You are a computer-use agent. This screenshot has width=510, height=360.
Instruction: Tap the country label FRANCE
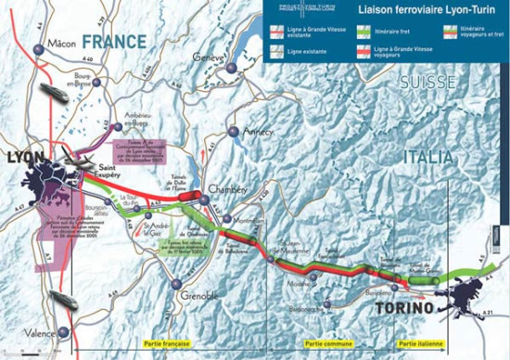(114, 42)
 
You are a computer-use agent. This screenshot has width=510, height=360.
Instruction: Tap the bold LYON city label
(25, 157)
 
